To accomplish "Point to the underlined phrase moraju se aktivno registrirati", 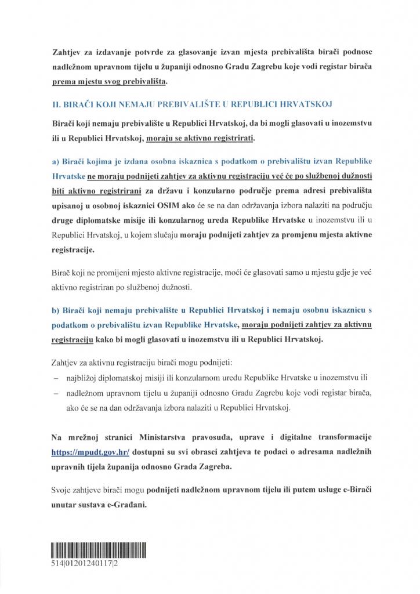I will [x=201, y=139].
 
